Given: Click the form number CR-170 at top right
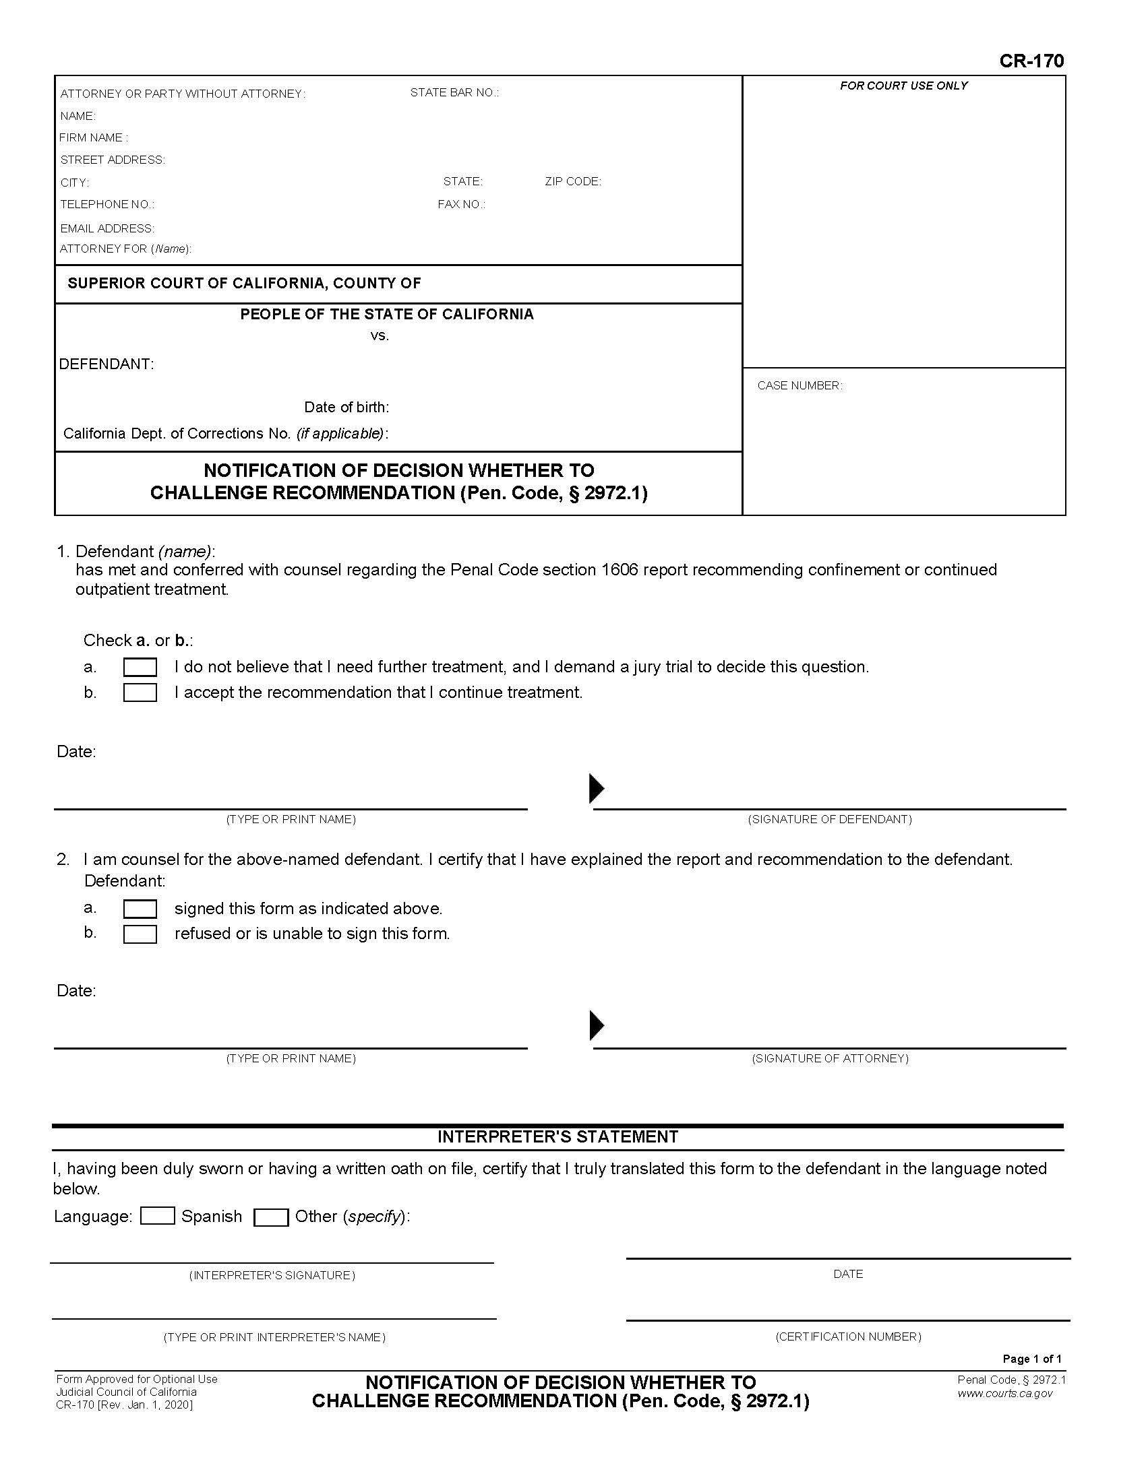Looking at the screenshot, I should [x=1031, y=62].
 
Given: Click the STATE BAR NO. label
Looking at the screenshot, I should [x=454, y=93].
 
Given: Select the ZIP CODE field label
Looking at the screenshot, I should [x=572, y=182].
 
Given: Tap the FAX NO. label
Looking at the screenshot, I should [x=461, y=205].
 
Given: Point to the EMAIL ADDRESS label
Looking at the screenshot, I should [x=107, y=228].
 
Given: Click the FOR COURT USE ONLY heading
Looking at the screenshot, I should [x=903, y=86].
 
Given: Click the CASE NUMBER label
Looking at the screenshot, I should [x=799, y=386].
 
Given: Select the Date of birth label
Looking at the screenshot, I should [x=346, y=407].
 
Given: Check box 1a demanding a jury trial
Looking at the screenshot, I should [x=140, y=668].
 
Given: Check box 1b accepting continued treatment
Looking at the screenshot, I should [x=140, y=692].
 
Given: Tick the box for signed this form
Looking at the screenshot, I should [x=140, y=909].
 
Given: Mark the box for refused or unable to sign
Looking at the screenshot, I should [x=140, y=934].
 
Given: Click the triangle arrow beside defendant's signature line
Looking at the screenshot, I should [x=596, y=789].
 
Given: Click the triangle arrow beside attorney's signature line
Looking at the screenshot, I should [x=596, y=1026].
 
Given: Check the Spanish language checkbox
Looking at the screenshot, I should [x=158, y=1216].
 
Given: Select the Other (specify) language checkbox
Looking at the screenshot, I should [x=271, y=1217].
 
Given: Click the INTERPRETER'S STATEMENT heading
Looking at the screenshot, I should [x=557, y=1137].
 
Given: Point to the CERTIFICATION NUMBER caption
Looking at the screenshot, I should [x=848, y=1336].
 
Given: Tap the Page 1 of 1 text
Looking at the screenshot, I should [x=1032, y=1359].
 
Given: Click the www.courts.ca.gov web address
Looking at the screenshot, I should [x=1005, y=1393].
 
